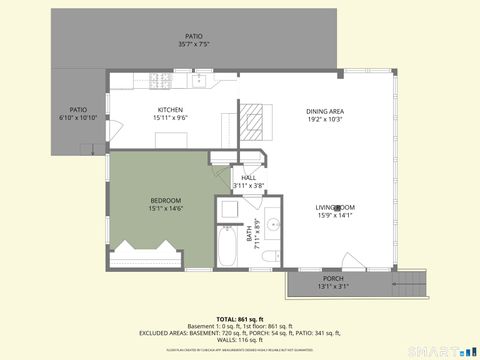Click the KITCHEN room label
pyautogui.click(x=170, y=109)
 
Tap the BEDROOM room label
pyautogui.click(x=165, y=200)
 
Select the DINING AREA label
pyautogui.click(x=324, y=110)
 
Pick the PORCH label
pyautogui.click(x=333, y=278)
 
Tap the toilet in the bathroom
pyautogui.click(x=267, y=258)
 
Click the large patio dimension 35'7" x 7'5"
pyautogui.click(x=193, y=44)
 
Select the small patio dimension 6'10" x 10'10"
pyautogui.click(x=78, y=118)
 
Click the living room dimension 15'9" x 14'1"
pyautogui.click(x=336, y=215)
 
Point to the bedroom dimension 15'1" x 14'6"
pyautogui.click(x=165, y=208)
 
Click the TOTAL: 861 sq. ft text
pyautogui.click(x=240, y=319)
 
